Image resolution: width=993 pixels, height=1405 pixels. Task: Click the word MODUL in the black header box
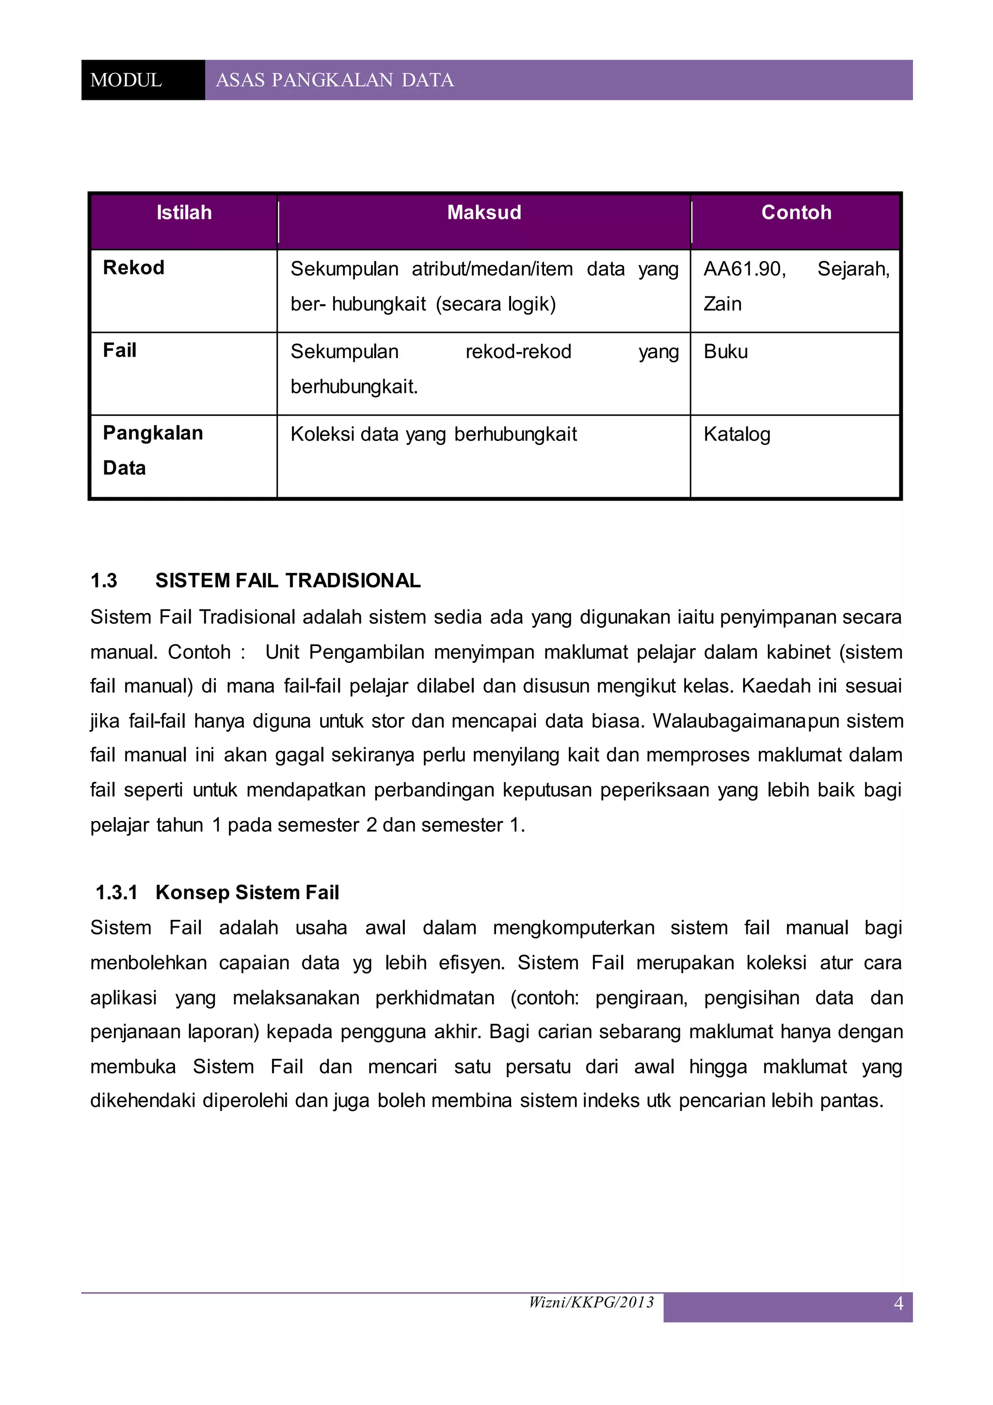pyautogui.click(x=126, y=80)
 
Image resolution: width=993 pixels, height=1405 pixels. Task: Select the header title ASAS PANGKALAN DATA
pyautogui.click(x=335, y=80)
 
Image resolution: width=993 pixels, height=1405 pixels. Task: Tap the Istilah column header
pyautogui.click(x=184, y=212)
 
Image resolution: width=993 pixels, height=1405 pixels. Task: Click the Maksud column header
pyautogui.click(x=484, y=212)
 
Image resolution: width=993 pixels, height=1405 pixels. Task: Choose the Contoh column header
pyautogui.click(x=796, y=212)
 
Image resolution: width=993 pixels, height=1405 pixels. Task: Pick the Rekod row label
pyautogui.click(x=133, y=267)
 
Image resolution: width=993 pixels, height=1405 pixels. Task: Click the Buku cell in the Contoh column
pyautogui.click(x=726, y=352)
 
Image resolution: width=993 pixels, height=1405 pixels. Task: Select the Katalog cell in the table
pyautogui.click(x=737, y=435)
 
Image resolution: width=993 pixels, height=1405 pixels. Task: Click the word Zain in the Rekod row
pyautogui.click(x=722, y=304)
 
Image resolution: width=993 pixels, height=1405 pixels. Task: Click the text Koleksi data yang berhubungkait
pyautogui.click(x=433, y=435)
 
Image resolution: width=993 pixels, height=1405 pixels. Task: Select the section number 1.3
pyautogui.click(x=104, y=580)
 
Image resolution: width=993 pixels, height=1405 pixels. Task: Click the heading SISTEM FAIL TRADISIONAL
pyautogui.click(x=288, y=580)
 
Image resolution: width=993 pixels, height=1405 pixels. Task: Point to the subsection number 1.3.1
pyautogui.click(x=117, y=892)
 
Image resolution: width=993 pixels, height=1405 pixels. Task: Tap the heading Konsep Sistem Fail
pyautogui.click(x=247, y=892)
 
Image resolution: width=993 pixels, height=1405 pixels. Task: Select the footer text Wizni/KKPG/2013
pyautogui.click(x=591, y=1302)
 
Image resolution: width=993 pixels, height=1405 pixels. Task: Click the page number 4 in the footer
pyautogui.click(x=898, y=1304)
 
